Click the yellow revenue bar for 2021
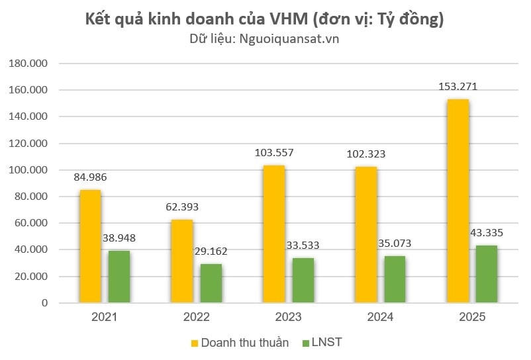pyautogui.click(x=90, y=246)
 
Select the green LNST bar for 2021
pyautogui.click(x=119, y=277)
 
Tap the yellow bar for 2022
pyautogui.click(x=181, y=261)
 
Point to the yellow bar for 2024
pyautogui.click(x=365, y=234)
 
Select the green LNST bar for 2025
pyautogui.click(x=486, y=274)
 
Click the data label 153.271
pyautogui.click(x=458, y=87)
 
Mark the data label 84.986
pyautogui.click(x=90, y=177)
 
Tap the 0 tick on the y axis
pyautogui.click(x=44, y=303)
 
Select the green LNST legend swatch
pyautogui.click(x=305, y=343)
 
